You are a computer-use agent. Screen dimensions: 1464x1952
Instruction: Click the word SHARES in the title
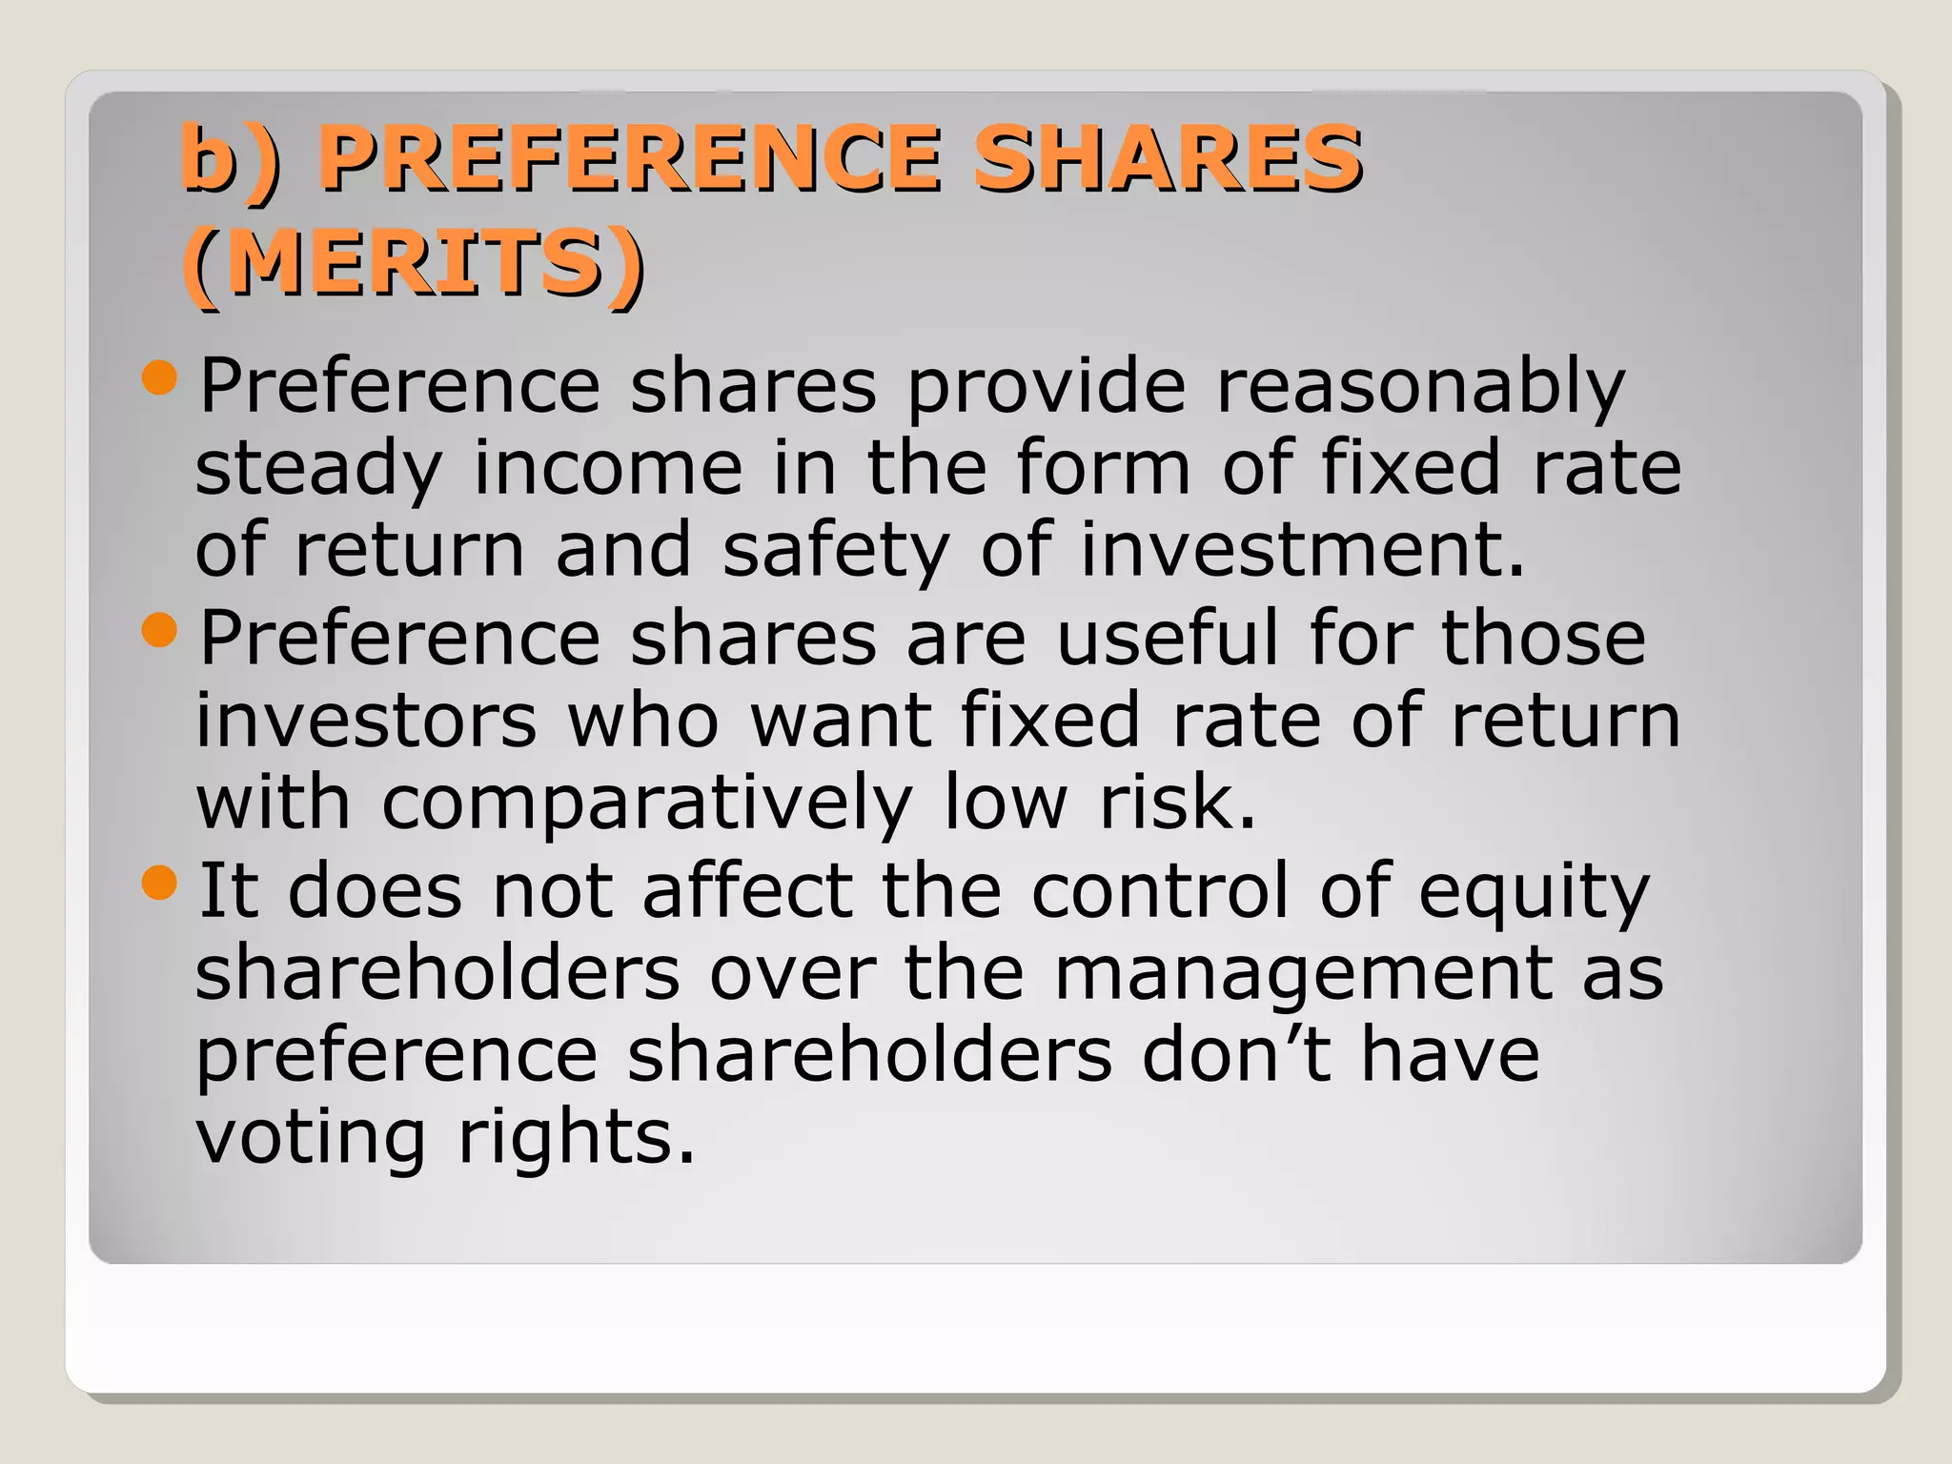1168,157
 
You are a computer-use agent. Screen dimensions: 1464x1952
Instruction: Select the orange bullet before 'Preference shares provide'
159,378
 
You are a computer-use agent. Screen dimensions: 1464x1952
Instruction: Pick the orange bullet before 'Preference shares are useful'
159,630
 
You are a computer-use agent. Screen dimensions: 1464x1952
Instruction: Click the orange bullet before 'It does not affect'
159,883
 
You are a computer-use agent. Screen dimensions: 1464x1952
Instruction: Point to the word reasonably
1420,387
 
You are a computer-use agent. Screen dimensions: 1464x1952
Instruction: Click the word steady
318,469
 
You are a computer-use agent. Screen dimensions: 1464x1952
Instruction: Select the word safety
836,551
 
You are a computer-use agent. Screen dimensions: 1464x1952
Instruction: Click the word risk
1177,803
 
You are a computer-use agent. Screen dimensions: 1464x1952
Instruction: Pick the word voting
311,1139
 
